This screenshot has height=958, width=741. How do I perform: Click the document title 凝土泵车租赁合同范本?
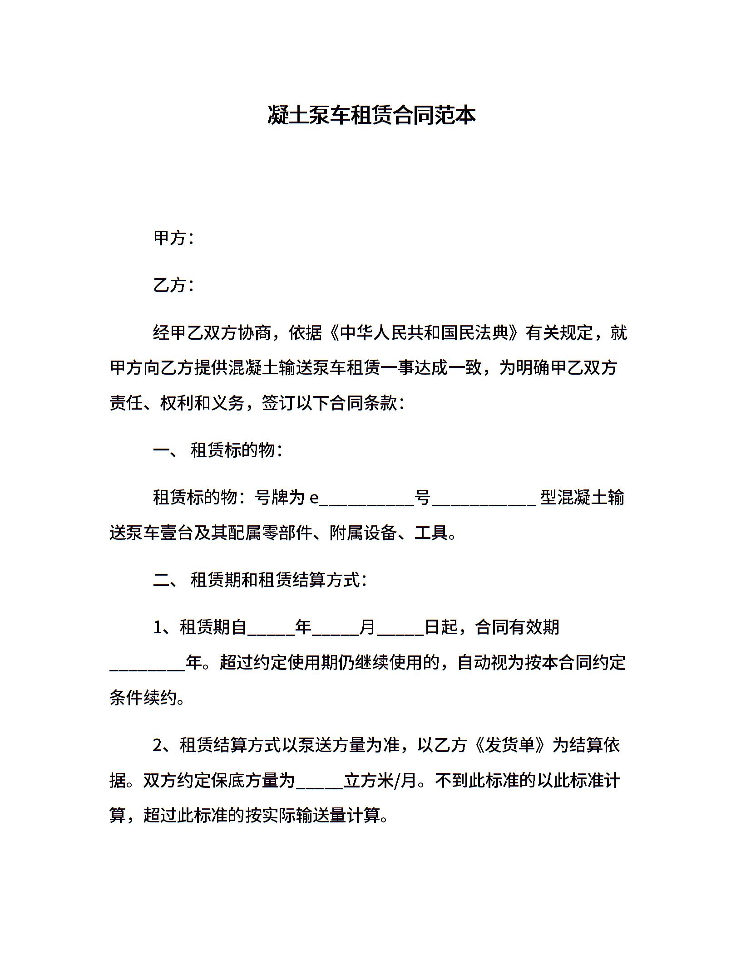tap(371, 115)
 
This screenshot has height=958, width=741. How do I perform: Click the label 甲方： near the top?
tap(174, 238)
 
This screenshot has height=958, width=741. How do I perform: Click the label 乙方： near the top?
tap(174, 285)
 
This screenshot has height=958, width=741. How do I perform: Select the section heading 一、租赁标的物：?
tap(218, 450)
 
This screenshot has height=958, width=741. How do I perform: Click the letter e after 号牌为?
tap(314, 498)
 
